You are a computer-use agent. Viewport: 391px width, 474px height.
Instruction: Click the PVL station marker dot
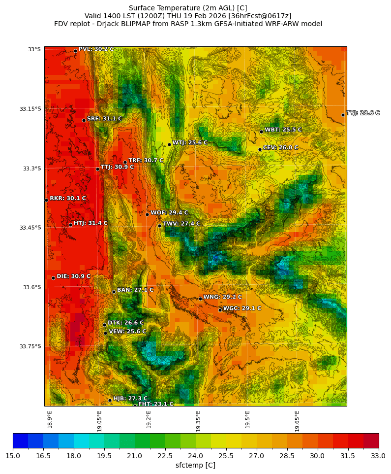point(75,51)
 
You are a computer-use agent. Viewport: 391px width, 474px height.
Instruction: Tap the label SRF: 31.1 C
point(104,119)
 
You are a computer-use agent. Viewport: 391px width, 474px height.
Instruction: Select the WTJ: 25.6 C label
point(189,142)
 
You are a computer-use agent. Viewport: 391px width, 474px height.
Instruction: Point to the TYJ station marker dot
point(343,115)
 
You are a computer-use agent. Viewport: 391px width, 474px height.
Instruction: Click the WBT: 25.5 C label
point(283,130)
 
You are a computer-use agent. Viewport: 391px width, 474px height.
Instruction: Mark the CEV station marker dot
point(260,149)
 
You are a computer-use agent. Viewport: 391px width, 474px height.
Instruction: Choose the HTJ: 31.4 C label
point(90,223)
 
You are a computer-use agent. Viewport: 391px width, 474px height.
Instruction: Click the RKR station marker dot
point(46,200)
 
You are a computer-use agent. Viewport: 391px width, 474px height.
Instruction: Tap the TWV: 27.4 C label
point(181,224)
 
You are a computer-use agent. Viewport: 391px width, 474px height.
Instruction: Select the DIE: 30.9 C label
point(73,276)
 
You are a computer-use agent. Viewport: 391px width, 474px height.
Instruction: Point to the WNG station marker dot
point(200,299)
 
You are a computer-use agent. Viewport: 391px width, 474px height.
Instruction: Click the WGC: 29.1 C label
point(242,308)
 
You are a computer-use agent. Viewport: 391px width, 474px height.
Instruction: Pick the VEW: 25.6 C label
point(127,332)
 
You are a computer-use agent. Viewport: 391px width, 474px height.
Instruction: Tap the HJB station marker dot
point(110,400)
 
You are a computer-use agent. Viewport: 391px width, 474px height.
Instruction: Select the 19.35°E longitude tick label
point(198,421)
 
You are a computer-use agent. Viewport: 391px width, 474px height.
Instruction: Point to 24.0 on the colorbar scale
point(196,456)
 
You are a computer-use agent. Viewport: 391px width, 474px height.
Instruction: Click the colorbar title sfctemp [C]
point(195,465)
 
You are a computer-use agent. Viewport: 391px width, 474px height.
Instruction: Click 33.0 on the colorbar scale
point(378,456)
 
